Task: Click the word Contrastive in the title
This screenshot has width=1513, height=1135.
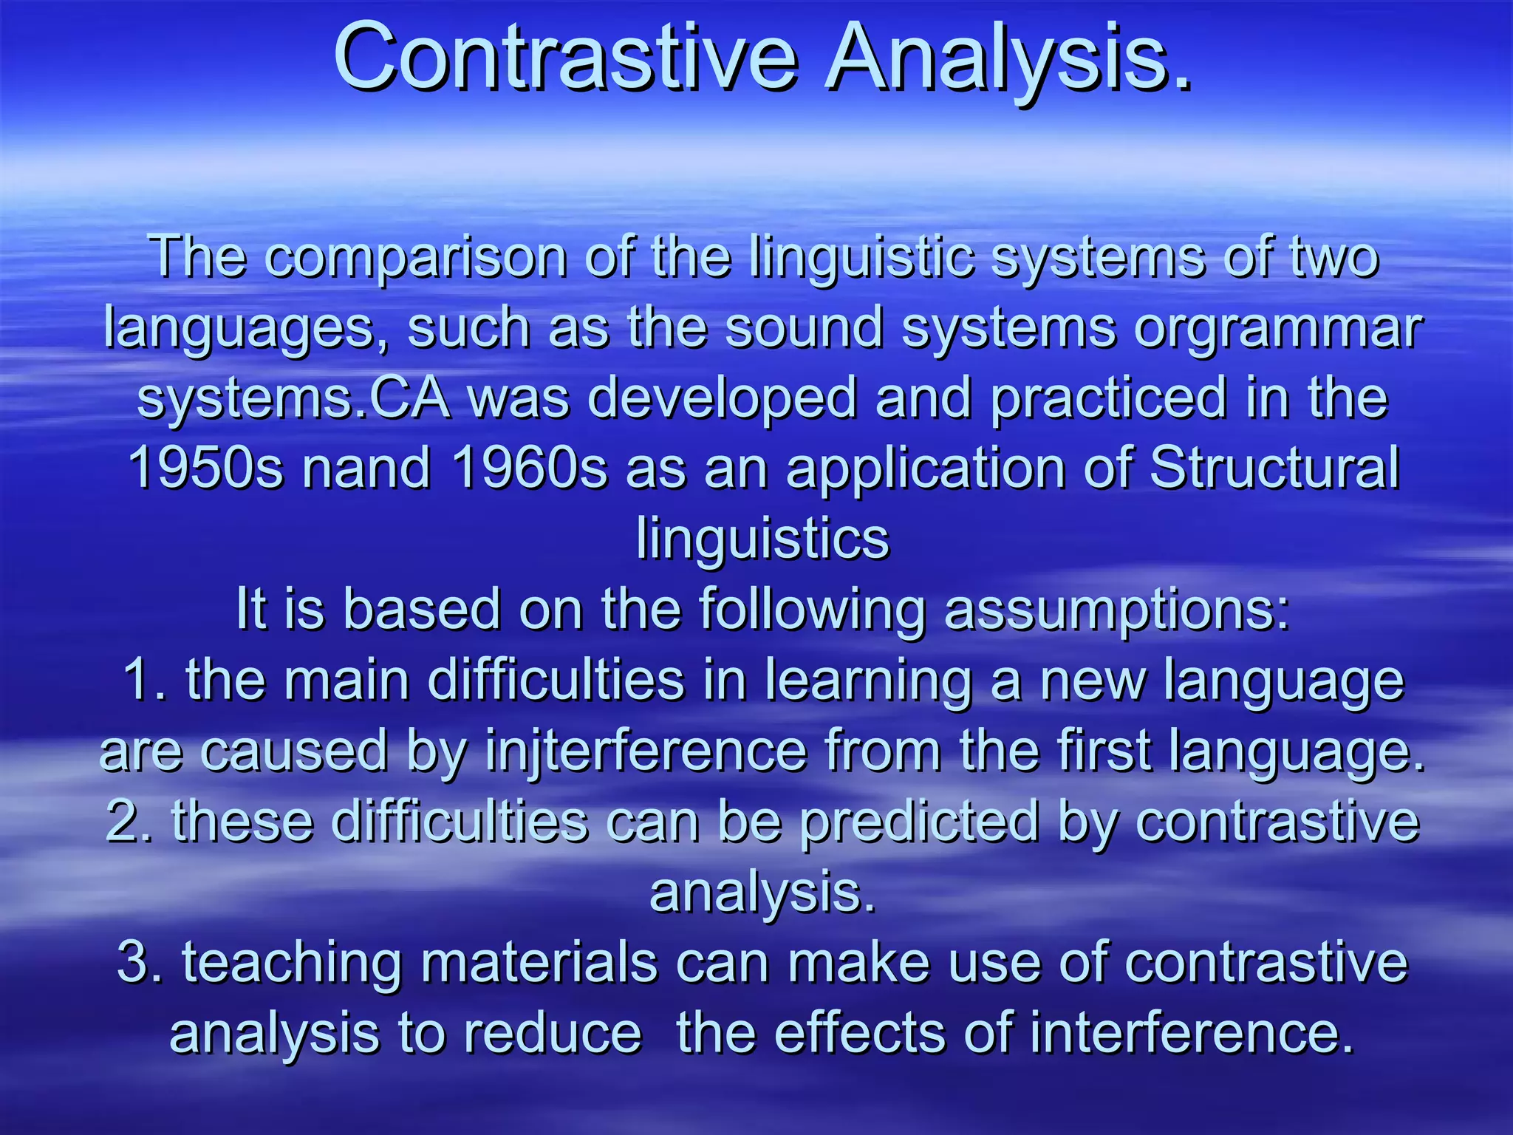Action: pos(565,58)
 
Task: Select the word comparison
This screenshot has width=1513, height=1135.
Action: pos(416,257)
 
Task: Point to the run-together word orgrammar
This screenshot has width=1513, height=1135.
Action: pos(1277,329)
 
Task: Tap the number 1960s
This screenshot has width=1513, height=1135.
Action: pos(529,468)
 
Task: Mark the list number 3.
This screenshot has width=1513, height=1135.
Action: pos(137,962)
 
